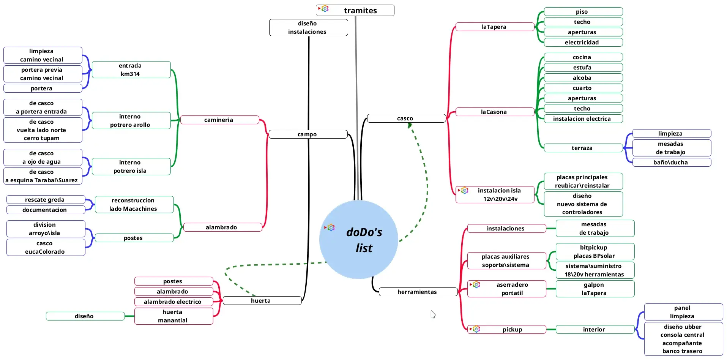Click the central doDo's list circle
click(359, 240)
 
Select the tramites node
click(360, 11)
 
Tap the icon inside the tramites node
click(325, 9)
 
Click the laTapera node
click(494, 27)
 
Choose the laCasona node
click(494, 112)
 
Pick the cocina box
click(582, 57)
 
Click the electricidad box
click(582, 43)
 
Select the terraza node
click(582, 148)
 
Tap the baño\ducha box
click(671, 163)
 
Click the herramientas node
click(417, 292)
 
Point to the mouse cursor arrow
click(432, 313)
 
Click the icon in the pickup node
click(476, 329)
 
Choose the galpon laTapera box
click(594, 289)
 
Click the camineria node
click(219, 120)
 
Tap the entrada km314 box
click(130, 70)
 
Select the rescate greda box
click(45, 200)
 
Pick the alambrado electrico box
click(173, 302)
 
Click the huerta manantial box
click(173, 316)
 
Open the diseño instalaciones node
click(308, 28)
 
